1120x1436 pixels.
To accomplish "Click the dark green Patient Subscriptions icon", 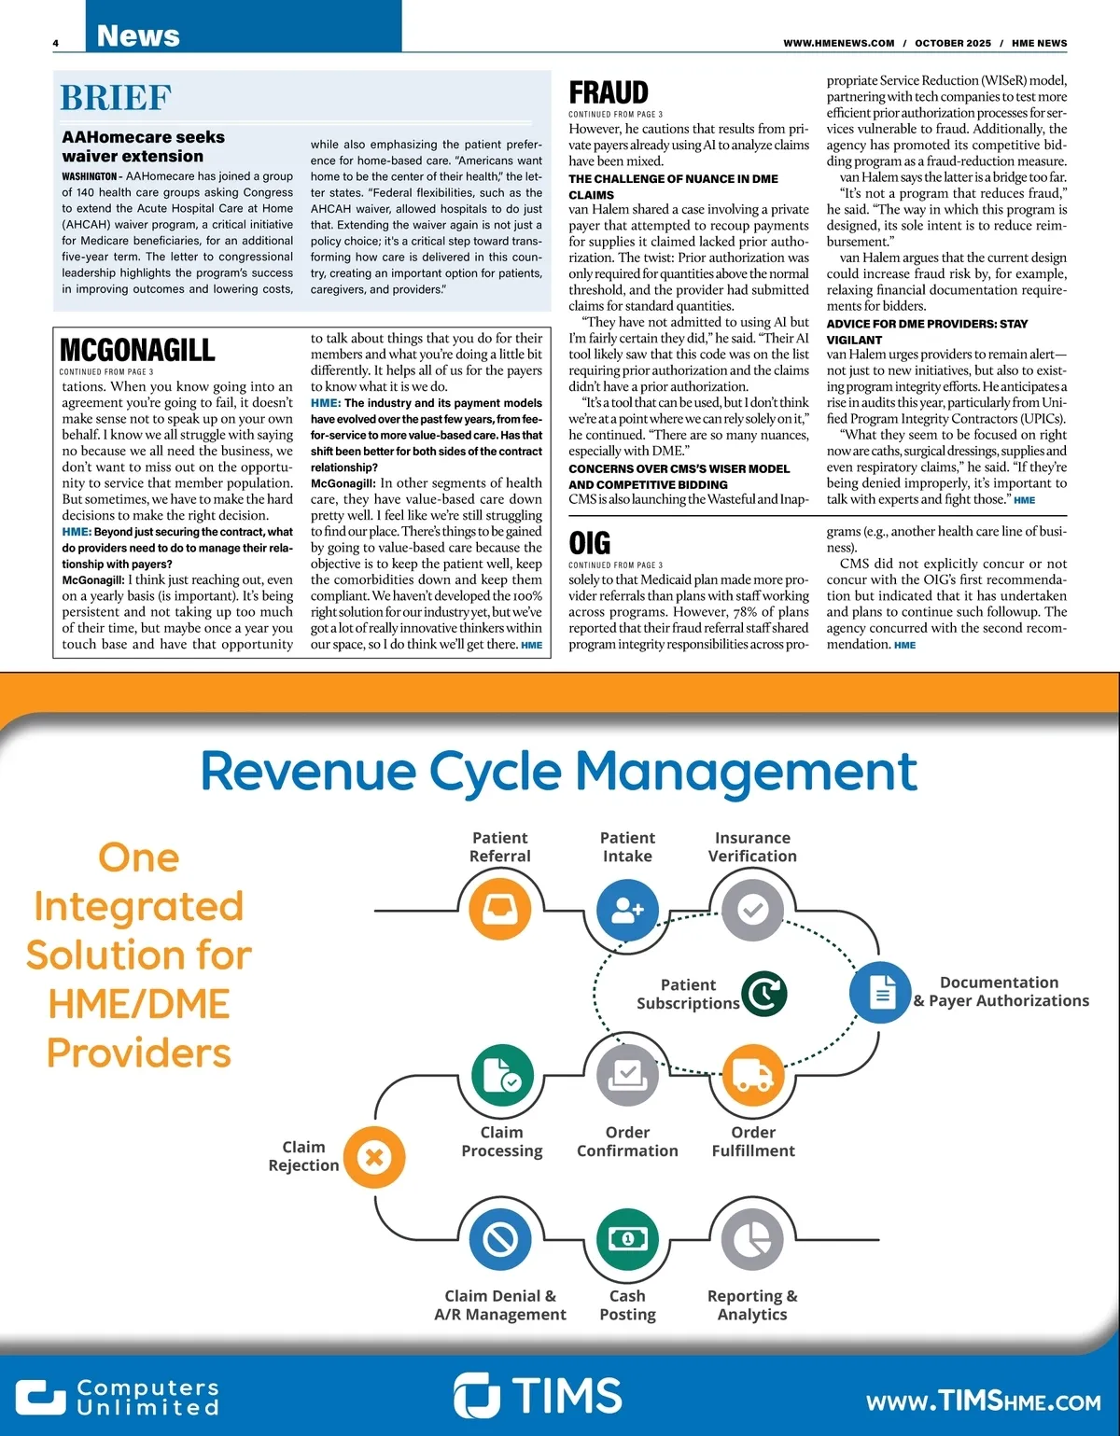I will tap(764, 994).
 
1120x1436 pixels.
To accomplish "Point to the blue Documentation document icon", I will tap(880, 992).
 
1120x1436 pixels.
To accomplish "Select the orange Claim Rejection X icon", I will tap(374, 1158).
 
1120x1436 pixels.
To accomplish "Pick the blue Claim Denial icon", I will tap(500, 1239).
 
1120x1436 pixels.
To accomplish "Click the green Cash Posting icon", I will tap(627, 1239).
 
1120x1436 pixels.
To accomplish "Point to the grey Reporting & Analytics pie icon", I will tap(752, 1239).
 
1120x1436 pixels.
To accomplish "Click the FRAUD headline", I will tap(609, 93).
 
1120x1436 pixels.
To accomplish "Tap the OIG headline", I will tap(590, 543).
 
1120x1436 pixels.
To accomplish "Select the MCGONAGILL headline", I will tap(137, 350).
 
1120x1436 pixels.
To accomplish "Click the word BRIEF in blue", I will tap(116, 98).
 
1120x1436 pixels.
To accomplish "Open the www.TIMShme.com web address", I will tap(983, 1401).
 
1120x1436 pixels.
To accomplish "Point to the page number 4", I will tap(56, 43).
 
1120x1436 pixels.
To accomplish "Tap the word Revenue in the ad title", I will tap(308, 772).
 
